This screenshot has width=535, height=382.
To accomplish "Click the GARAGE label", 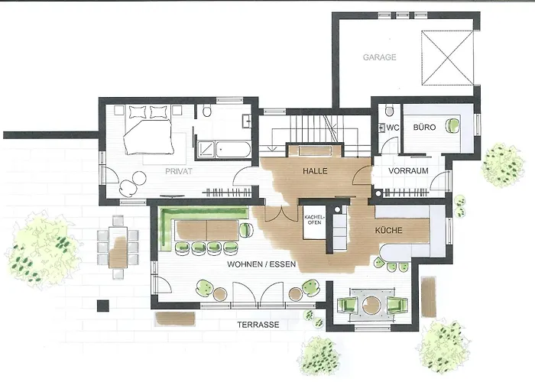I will coord(379,57).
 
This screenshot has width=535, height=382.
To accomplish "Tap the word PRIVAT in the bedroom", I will coord(177,172).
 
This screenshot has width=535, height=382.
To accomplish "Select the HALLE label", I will coord(314,171).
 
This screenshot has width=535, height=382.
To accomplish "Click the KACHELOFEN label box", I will coord(314,222).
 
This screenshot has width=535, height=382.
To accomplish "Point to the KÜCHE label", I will coord(390,229).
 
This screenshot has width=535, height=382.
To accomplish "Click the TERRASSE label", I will coord(257,325).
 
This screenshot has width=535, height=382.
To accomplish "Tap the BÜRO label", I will coord(424,128).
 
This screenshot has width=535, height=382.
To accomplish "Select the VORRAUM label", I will coord(407,171).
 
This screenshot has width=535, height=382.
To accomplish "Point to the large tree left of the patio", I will coord(42,248).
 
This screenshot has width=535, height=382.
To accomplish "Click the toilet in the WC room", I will coord(388,110).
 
